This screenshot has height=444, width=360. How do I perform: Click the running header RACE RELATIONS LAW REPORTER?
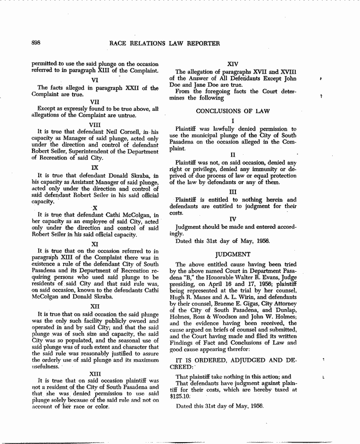tap(165, 43)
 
